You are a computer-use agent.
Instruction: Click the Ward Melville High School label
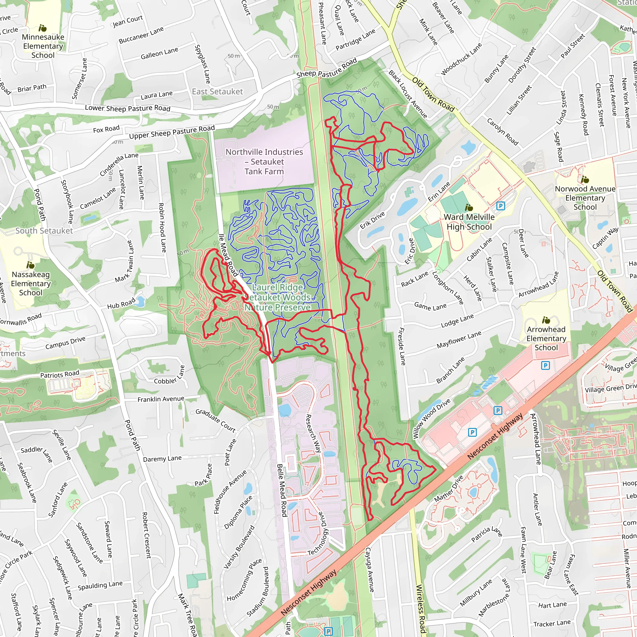click(x=469, y=222)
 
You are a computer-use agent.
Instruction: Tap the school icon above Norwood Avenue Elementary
click(x=585, y=180)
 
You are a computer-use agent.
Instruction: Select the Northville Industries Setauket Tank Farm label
click(x=264, y=161)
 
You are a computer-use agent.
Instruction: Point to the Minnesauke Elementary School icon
click(x=43, y=28)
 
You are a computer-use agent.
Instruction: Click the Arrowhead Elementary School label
click(x=546, y=338)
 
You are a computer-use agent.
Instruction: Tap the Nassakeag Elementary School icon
click(x=31, y=265)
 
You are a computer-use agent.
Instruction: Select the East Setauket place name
click(x=217, y=92)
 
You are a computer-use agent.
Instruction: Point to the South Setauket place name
click(x=44, y=231)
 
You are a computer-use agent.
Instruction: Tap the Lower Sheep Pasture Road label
click(x=128, y=108)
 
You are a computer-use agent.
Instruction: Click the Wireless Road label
click(x=421, y=609)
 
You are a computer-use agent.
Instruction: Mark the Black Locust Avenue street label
click(x=407, y=94)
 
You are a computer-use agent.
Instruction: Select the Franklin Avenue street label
click(x=161, y=399)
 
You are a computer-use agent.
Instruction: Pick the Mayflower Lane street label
click(x=459, y=340)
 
